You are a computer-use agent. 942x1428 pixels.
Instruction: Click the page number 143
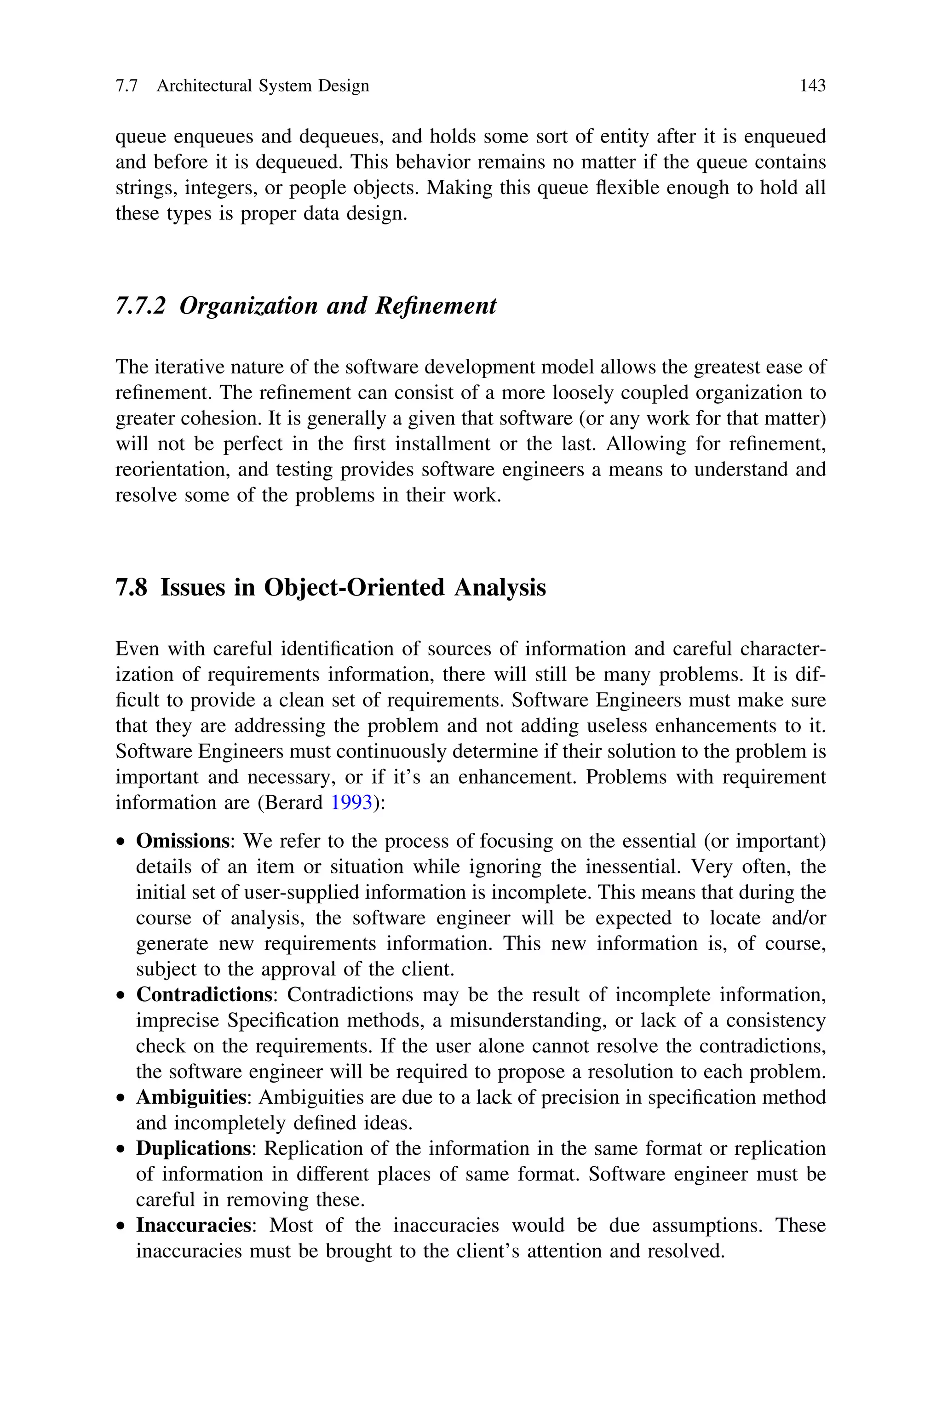tap(812, 86)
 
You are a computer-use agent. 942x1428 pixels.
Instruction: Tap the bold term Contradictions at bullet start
tap(204, 995)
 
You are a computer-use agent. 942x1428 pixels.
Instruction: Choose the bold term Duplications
tap(193, 1149)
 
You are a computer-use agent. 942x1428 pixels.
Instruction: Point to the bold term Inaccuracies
tap(193, 1226)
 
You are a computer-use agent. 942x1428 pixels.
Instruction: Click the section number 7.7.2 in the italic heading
tap(140, 306)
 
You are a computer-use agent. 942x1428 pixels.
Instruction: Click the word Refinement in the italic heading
tap(436, 306)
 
